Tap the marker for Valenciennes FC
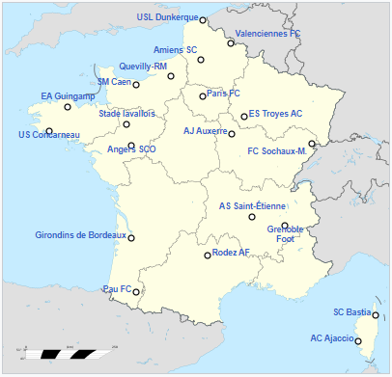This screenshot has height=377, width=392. tap(231, 43)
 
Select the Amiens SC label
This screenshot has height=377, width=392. tap(175, 49)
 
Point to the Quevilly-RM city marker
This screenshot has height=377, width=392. tap(171, 76)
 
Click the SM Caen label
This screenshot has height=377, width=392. tap(114, 82)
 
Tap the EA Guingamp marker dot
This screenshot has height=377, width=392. tap(68, 106)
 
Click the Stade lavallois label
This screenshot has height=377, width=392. tap(126, 113)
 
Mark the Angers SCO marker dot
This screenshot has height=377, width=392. tap(131, 146)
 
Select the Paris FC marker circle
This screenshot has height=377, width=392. tap(203, 96)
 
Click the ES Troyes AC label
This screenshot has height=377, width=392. tap(276, 113)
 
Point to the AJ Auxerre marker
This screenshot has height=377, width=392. tap(232, 134)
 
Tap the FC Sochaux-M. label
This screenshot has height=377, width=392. tap(277, 150)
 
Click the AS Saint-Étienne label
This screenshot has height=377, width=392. tap(252, 205)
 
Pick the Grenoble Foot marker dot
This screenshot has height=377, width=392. tap(285, 226)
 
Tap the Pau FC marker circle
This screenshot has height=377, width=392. tap(136, 292)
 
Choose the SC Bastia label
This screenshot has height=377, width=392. tap(351, 312)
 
